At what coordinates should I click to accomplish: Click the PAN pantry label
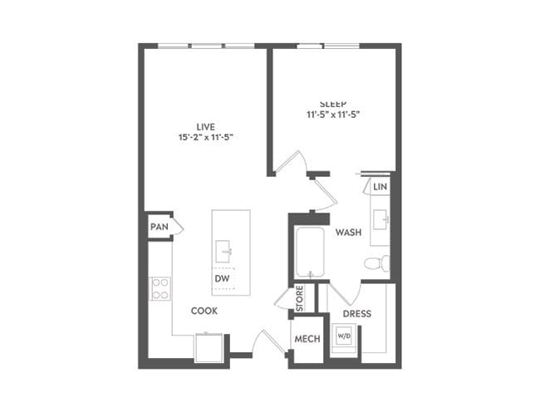[158, 227]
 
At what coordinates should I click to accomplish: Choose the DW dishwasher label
[222, 279]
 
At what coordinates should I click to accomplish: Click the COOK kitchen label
[204, 311]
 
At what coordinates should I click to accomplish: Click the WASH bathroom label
[348, 233]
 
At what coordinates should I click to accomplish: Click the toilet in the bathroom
[376, 264]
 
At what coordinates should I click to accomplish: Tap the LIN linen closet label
[380, 188]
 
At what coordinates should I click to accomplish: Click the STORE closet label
[300, 299]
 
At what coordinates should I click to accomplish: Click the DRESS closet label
[356, 314]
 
